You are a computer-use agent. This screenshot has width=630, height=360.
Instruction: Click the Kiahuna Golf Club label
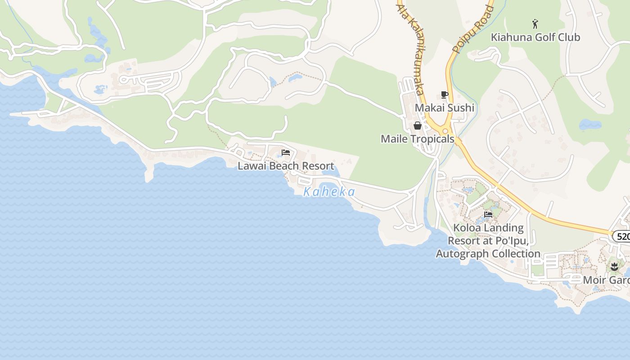point(535,37)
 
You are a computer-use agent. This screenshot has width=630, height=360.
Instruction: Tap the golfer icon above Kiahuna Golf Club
point(535,24)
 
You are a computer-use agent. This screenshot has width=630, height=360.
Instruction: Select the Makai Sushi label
point(444,108)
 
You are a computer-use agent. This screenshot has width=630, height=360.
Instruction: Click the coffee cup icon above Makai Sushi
point(444,94)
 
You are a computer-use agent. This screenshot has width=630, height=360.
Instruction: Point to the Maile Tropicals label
point(417,139)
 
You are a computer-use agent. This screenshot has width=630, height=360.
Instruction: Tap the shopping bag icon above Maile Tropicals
point(417,126)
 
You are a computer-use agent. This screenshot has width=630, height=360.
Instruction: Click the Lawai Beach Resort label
point(286,166)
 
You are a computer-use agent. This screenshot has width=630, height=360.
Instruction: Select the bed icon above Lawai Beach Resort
point(286,153)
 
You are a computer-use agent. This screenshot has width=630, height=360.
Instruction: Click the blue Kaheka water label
point(329,192)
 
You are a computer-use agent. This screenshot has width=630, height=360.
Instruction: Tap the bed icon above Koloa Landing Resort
point(488,214)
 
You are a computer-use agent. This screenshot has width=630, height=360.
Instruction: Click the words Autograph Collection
point(488,253)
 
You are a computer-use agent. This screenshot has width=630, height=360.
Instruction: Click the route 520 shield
point(622,236)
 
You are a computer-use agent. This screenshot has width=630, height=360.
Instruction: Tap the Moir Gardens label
point(606,280)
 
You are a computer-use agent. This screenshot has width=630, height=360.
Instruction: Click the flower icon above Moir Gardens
point(614,266)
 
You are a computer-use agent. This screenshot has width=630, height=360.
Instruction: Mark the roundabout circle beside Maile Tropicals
point(445,131)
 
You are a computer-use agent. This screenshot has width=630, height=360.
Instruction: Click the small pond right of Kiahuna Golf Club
point(589,125)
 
